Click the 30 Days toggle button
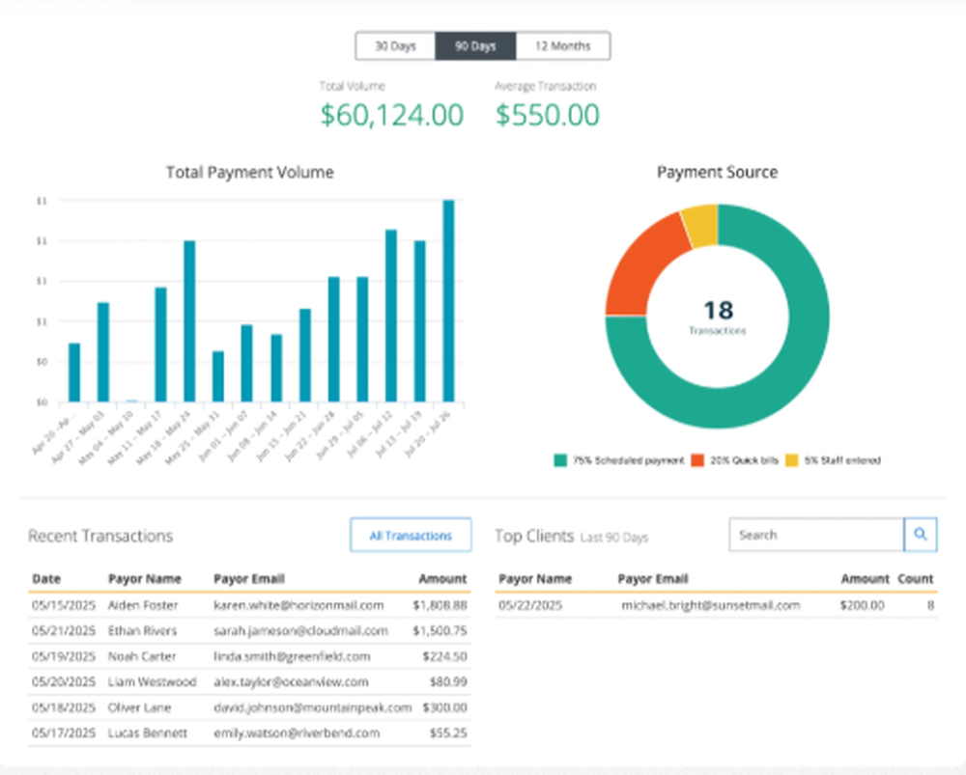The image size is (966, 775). pos(395,46)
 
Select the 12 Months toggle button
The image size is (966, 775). pos(562,46)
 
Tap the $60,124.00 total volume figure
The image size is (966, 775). pos(391,115)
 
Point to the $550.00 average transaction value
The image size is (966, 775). pos(547,115)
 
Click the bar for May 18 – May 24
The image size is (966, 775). pos(189,320)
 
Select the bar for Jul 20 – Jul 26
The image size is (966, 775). pos(448,300)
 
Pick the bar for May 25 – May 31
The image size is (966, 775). pos(218,375)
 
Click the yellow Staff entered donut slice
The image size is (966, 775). pos(700,225)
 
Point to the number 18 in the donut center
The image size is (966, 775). pos(718,310)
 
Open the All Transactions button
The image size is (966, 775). pos(411,536)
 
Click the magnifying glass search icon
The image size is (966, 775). pos(921,535)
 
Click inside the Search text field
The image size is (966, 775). pos(815,535)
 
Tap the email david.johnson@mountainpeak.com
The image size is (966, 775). pos(312,707)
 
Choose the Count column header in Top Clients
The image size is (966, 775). pos(915,579)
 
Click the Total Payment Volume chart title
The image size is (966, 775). pos(249,173)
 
